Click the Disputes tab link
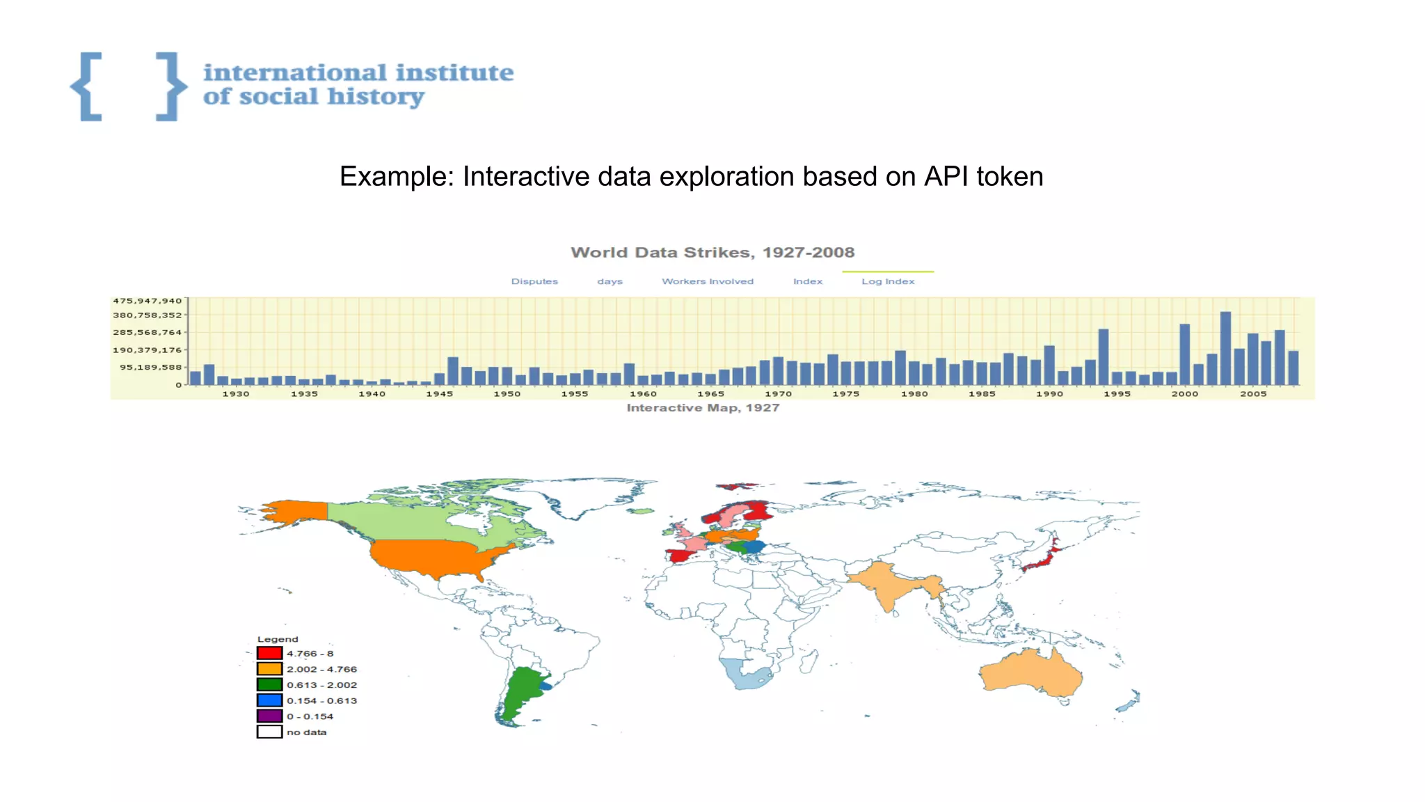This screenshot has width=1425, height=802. point(534,281)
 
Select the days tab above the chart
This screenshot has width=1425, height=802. point(610,281)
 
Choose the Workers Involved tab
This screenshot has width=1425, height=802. point(707,281)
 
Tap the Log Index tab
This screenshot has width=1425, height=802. point(888,281)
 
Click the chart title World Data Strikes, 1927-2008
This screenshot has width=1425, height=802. point(712,253)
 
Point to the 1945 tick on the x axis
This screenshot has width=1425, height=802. point(439,394)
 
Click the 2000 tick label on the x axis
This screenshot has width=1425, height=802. point(1184,394)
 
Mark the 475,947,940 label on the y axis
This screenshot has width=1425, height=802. point(147,301)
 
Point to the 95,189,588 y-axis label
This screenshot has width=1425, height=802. point(150,367)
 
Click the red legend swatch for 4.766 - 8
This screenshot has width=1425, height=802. point(269,653)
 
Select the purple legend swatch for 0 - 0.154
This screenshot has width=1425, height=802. point(269,716)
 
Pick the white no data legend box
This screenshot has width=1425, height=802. point(269,732)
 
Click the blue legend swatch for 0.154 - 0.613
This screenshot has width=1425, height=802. point(269,700)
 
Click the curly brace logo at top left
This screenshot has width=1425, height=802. point(128,86)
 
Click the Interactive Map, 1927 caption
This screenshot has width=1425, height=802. point(703,408)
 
